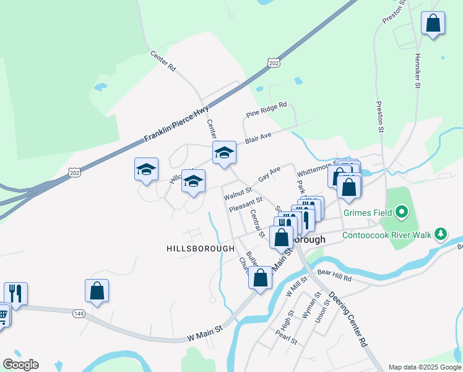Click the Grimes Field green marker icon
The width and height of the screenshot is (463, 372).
401,213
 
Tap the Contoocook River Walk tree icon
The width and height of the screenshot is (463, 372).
440,234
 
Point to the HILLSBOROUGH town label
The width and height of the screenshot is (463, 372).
200,249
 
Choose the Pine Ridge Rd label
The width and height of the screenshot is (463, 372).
267,110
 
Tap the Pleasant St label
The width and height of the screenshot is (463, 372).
246,205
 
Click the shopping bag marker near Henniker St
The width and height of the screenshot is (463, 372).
433,24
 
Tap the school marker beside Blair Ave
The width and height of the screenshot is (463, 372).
224,153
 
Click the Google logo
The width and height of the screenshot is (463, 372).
20,365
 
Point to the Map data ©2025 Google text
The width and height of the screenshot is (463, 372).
425,367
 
